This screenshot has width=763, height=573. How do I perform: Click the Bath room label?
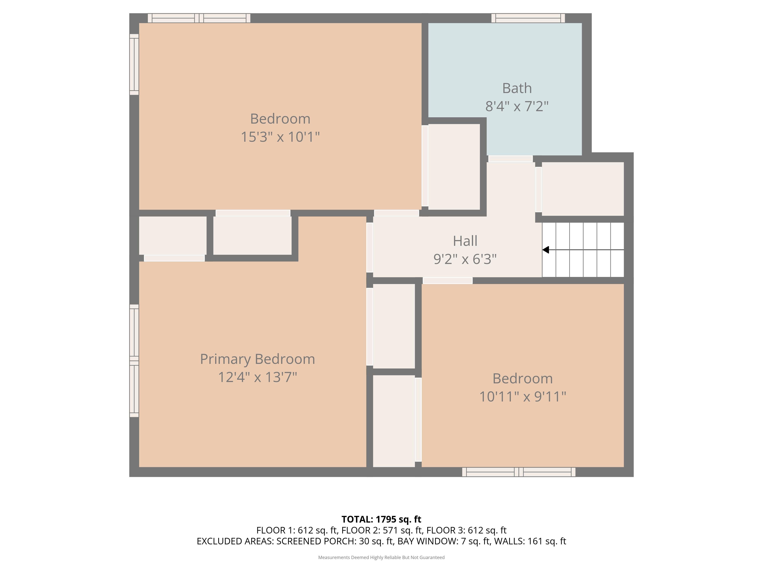(517, 88)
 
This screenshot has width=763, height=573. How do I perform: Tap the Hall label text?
(465, 241)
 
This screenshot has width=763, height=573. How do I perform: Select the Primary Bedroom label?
(257, 359)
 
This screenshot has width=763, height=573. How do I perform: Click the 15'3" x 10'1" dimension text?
(280, 137)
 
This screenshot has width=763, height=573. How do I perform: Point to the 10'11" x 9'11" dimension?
(523, 397)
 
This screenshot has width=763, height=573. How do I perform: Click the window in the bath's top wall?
(528, 18)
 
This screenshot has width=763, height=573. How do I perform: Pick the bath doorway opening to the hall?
(510, 159)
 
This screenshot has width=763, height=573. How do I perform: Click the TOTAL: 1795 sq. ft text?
(381, 519)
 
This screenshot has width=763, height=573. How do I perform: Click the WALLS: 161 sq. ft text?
(530, 541)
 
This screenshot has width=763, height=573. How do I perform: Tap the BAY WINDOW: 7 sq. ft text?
(443, 541)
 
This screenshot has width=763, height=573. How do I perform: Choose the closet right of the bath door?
(583, 189)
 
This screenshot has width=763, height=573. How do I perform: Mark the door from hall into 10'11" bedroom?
(447, 280)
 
